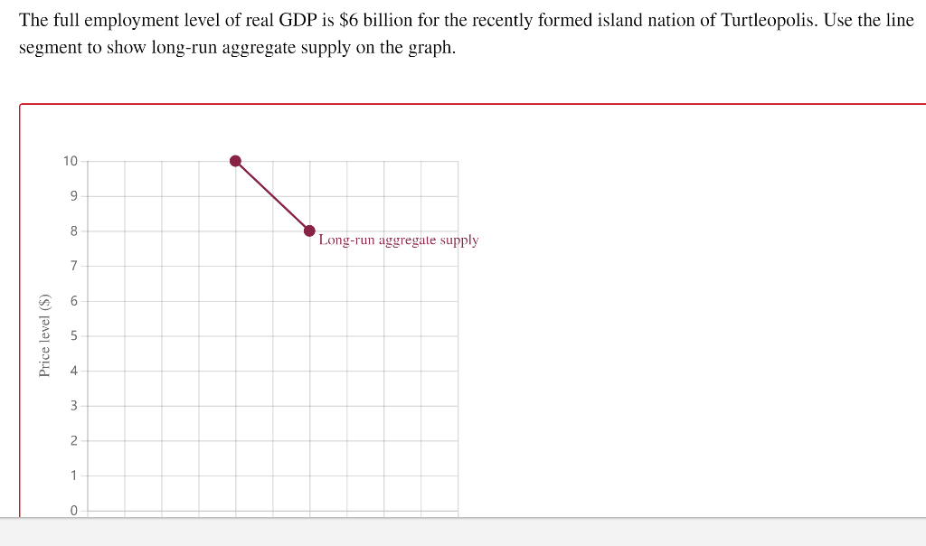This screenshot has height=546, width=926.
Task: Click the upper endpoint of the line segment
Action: (x=235, y=161)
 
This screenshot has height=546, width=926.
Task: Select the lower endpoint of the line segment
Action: (x=309, y=231)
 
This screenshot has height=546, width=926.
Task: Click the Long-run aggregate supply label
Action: (x=398, y=240)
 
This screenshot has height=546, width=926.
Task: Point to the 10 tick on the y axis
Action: (x=71, y=162)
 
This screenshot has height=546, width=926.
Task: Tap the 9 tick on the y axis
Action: (x=74, y=196)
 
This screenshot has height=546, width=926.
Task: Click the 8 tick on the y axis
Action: (x=74, y=231)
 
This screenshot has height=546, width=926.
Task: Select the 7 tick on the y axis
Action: (x=74, y=266)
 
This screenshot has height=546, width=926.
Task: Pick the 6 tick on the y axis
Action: (x=74, y=301)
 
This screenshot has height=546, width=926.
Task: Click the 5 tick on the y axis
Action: (x=74, y=336)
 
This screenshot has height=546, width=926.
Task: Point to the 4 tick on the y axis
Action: (x=74, y=371)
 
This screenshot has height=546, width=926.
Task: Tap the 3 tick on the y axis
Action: (x=74, y=406)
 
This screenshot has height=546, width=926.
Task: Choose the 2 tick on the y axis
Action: (x=74, y=440)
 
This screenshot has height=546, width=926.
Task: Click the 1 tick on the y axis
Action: (x=74, y=475)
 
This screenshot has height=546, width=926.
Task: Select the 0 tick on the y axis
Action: (x=74, y=510)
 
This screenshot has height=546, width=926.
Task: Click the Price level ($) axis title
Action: (x=44, y=335)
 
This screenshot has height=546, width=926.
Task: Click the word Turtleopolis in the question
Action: (x=768, y=20)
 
